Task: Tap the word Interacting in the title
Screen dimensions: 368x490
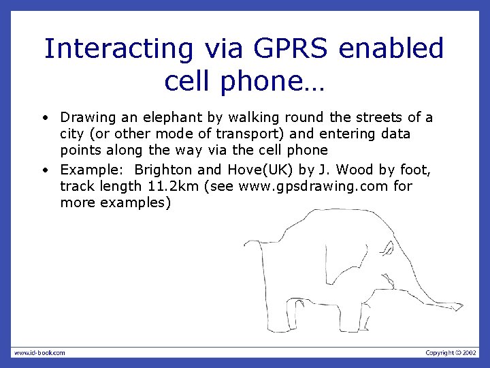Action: click(119, 49)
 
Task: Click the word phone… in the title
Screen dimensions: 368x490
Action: click(276, 81)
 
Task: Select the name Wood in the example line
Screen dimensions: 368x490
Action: click(355, 169)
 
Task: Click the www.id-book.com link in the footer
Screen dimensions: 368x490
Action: click(39, 352)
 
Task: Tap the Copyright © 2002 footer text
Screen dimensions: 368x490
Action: click(451, 352)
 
